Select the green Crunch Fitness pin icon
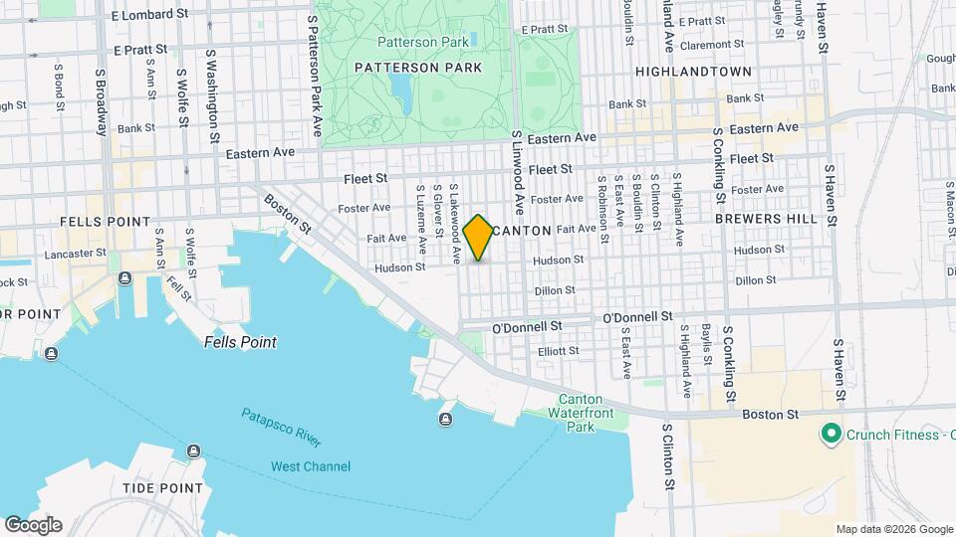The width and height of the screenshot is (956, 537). tap(829, 434)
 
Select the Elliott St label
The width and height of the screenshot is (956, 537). tap(558, 351)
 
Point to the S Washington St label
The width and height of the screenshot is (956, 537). tap(212, 97)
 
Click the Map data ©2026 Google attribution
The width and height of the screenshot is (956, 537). tap(893, 529)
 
